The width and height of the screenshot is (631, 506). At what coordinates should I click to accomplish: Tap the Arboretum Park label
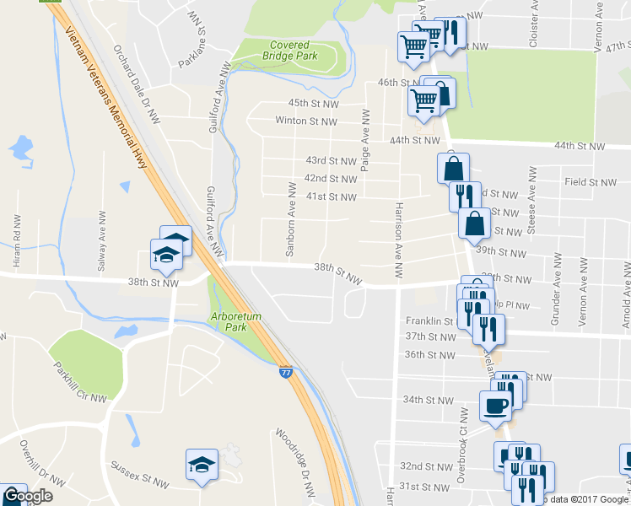click(232, 321)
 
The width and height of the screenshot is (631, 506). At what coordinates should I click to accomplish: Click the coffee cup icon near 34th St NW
click(494, 406)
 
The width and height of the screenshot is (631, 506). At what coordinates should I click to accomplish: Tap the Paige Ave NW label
click(364, 141)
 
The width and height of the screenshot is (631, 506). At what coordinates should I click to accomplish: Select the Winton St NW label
click(306, 121)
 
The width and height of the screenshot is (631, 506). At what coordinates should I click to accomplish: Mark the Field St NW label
click(591, 181)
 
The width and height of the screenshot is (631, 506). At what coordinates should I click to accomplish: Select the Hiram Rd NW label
click(16, 240)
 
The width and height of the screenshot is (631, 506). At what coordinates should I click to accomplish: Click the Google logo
click(27, 496)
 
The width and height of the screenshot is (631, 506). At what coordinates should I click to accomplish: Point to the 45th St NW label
click(313, 104)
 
